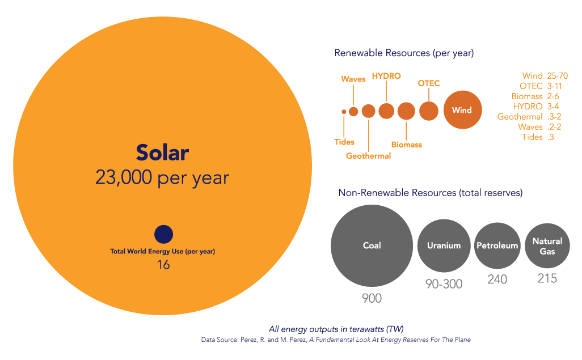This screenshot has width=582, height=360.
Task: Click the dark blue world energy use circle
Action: point(164,235)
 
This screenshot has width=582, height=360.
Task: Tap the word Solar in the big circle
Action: point(163,153)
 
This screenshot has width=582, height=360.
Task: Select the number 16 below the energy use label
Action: point(163,265)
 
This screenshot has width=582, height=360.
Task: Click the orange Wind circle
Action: point(462,110)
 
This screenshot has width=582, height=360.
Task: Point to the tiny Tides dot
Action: point(344,112)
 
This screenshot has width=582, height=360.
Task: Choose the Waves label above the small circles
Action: point(353,79)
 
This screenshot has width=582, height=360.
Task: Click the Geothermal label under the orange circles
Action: point(369,156)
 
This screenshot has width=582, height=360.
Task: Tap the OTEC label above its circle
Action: point(429,83)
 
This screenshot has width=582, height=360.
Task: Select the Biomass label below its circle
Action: point(407,145)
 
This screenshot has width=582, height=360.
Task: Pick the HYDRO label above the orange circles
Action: point(386,76)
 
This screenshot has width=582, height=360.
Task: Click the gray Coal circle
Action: point(372,245)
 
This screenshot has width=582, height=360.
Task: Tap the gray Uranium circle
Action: point(444,245)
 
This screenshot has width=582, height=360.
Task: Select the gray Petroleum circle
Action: point(497,245)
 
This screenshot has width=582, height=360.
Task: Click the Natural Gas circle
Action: point(547,245)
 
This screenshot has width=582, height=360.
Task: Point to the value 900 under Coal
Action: point(372,298)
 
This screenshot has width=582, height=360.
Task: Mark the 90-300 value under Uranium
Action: point(444,284)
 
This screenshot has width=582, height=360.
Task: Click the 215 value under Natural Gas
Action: point(547,278)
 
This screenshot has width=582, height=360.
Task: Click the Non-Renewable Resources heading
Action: point(431,193)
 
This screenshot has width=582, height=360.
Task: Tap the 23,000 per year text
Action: point(162,177)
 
